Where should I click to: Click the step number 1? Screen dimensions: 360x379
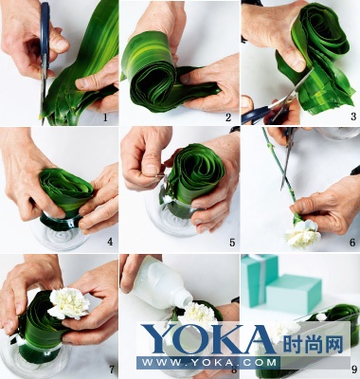[105, 118]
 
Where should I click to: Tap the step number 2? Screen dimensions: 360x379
[228, 117]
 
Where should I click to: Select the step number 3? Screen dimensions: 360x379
[353, 117]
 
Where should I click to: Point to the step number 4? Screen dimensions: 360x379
[110, 242]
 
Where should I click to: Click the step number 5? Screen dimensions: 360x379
[232, 243]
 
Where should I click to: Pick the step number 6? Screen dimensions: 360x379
[352, 243]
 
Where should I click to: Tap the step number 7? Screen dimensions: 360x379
[111, 370]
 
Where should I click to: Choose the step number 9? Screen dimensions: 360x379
[354, 369]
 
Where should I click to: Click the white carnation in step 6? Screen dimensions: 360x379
[302, 235]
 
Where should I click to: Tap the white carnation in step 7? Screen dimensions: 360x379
[69, 303]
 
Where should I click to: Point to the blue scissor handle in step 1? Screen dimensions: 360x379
[45, 35]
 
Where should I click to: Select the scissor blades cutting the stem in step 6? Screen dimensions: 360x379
[287, 159]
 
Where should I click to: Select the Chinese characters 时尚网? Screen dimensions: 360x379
[313, 344]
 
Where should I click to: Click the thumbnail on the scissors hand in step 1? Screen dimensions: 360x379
[61, 45]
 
